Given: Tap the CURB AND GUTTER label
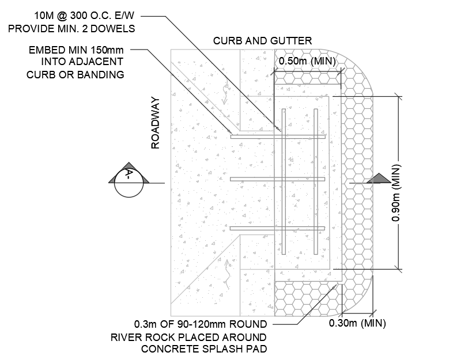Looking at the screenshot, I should [262, 41].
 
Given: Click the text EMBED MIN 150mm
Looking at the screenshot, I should [76, 51].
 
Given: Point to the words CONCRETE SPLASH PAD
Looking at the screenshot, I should [205, 348].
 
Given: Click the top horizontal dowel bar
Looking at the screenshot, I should [278, 137].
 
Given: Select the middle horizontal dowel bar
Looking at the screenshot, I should [278, 179].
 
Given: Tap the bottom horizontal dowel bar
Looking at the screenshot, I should [278, 229].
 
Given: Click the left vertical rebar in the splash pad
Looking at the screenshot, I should [284, 181].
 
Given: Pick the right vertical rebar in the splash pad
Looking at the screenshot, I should [316, 181].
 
